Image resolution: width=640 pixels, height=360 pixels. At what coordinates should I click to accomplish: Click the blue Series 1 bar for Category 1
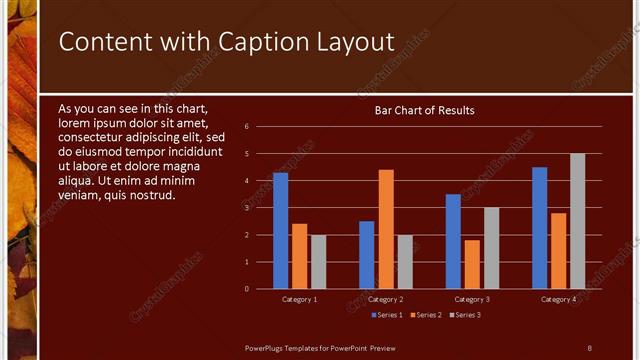tap(280, 231)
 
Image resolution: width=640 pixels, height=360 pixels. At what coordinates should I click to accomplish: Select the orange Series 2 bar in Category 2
tap(386, 229)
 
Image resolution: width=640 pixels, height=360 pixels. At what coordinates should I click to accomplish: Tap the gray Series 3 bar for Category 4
tap(577, 221)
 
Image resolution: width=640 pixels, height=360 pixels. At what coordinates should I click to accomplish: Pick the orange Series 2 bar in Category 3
tap(472, 264)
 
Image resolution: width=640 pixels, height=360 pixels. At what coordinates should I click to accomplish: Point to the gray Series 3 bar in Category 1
tap(318, 262)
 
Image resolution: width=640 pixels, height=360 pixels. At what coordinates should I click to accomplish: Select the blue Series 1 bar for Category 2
tap(367, 255)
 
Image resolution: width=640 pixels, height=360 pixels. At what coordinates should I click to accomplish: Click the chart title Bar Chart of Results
tap(424, 110)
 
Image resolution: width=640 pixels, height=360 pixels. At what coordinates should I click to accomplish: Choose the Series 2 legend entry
tap(425, 316)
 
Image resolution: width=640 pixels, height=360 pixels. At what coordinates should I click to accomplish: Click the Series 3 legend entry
tap(466, 316)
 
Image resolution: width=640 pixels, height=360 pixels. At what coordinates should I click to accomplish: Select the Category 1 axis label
tap(300, 299)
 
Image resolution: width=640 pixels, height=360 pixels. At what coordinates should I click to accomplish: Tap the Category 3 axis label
tap(472, 299)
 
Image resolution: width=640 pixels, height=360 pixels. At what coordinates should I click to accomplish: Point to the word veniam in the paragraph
tap(80, 195)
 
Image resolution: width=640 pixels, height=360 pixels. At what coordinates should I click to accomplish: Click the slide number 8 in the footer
tap(589, 347)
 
